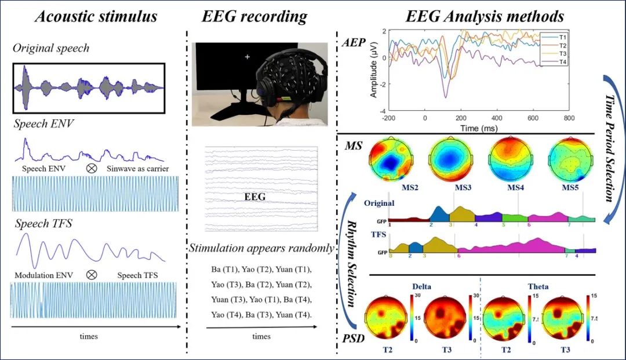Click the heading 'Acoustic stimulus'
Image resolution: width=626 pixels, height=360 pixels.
point(96,16)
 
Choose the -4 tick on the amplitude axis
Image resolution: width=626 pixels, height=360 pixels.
point(381,111)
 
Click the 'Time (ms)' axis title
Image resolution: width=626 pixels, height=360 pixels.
point(478,128)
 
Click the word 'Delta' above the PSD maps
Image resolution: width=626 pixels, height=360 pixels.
point(421,286)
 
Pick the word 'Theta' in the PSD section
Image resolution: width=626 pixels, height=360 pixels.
point(538,286)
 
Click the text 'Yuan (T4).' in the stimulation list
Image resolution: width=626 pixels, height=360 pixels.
point(294,314)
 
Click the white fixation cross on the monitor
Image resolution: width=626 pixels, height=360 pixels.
point(248,57)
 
